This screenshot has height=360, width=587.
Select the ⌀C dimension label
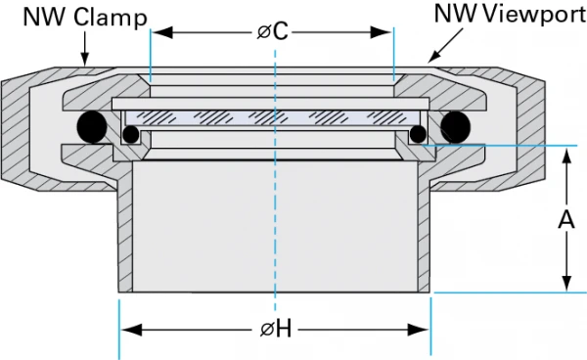[274, 31]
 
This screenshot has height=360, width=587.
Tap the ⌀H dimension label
[276, 330]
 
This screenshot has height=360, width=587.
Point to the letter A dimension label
[565, 221]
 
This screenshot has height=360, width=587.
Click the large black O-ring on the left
[94, 126]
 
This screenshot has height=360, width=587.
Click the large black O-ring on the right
[456, 126]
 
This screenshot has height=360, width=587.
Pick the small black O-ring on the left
[131, 134]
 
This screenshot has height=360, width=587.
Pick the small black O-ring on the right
[419, 134]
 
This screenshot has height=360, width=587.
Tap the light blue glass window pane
[274, 116]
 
